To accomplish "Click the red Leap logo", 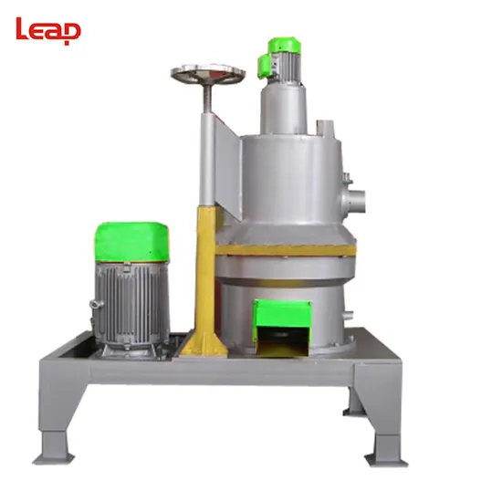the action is (x=48, y=31).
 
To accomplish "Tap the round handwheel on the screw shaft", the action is (x=208, y=73).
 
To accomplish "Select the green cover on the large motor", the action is (x=131, y=242).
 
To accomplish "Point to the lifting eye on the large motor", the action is (x=97, y=304).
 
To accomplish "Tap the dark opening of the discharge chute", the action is (x=282, y=340).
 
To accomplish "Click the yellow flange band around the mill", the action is (x=286, y=250).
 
